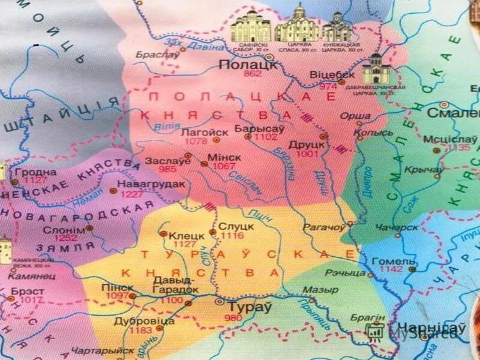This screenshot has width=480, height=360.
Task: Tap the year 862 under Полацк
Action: (252, 74)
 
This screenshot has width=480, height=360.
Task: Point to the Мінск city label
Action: (224, 157)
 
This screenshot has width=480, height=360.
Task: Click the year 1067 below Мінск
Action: (223, 166)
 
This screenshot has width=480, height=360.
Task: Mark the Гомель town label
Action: (393, 262)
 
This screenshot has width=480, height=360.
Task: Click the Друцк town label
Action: (303, 144)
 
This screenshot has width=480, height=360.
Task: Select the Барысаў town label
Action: (259, 128)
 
